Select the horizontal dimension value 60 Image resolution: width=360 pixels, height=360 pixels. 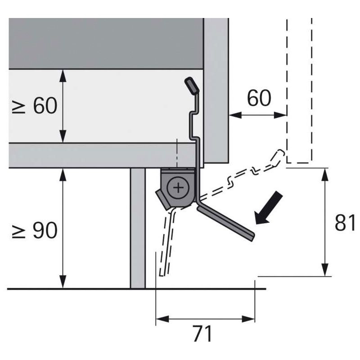click(259, 98)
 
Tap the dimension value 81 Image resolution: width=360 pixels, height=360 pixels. click(345, 222)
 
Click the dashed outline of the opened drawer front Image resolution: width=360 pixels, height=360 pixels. click(299, 90)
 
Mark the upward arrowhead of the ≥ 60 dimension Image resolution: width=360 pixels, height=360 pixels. click(63, 75)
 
